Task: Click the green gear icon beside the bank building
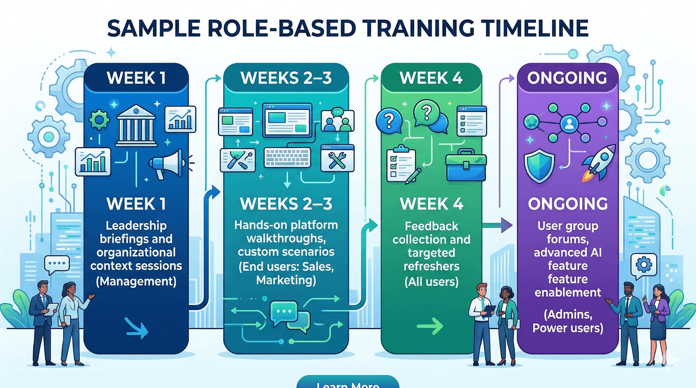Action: click(99, 120)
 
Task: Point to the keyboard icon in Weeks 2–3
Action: click(287, 157)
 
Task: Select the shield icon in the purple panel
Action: click(539, 165)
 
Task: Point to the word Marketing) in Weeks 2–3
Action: click(286, 280)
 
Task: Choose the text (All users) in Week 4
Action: click(431, 282)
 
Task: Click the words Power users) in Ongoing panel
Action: click(568, 328)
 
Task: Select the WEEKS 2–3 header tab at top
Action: click(286, 78)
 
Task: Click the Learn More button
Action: click(348, 383)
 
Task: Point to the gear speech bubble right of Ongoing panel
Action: click(643, 265)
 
